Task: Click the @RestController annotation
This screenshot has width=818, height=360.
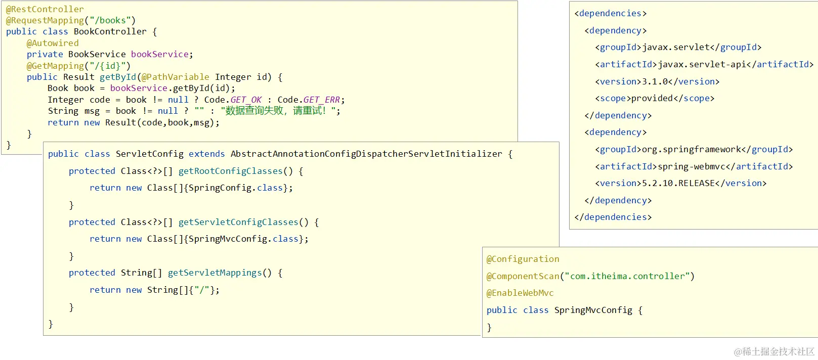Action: [45, 9]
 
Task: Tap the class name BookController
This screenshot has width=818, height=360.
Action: [110, 32]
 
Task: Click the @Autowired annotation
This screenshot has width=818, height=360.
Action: [53, 43]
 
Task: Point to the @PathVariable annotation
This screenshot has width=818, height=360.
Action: [175, 77]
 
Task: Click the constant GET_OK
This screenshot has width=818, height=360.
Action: [246, 100]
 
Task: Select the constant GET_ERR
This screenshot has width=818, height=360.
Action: [322, 100]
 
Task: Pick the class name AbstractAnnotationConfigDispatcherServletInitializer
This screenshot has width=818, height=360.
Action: [366, 154]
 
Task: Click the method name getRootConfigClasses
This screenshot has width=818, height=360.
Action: [231, 171]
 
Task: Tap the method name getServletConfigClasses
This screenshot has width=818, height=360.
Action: [238, 222]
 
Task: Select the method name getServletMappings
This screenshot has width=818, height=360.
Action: [214, 273]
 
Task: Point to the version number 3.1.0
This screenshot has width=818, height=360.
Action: [657, 81]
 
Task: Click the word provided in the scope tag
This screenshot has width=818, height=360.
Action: [652, 98]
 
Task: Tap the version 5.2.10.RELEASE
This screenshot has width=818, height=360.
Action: [678, 183]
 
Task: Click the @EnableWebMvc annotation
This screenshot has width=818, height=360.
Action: [520, 293]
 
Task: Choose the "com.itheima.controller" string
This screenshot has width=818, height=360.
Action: [627, 276]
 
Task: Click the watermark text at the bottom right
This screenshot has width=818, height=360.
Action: [774, 351]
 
